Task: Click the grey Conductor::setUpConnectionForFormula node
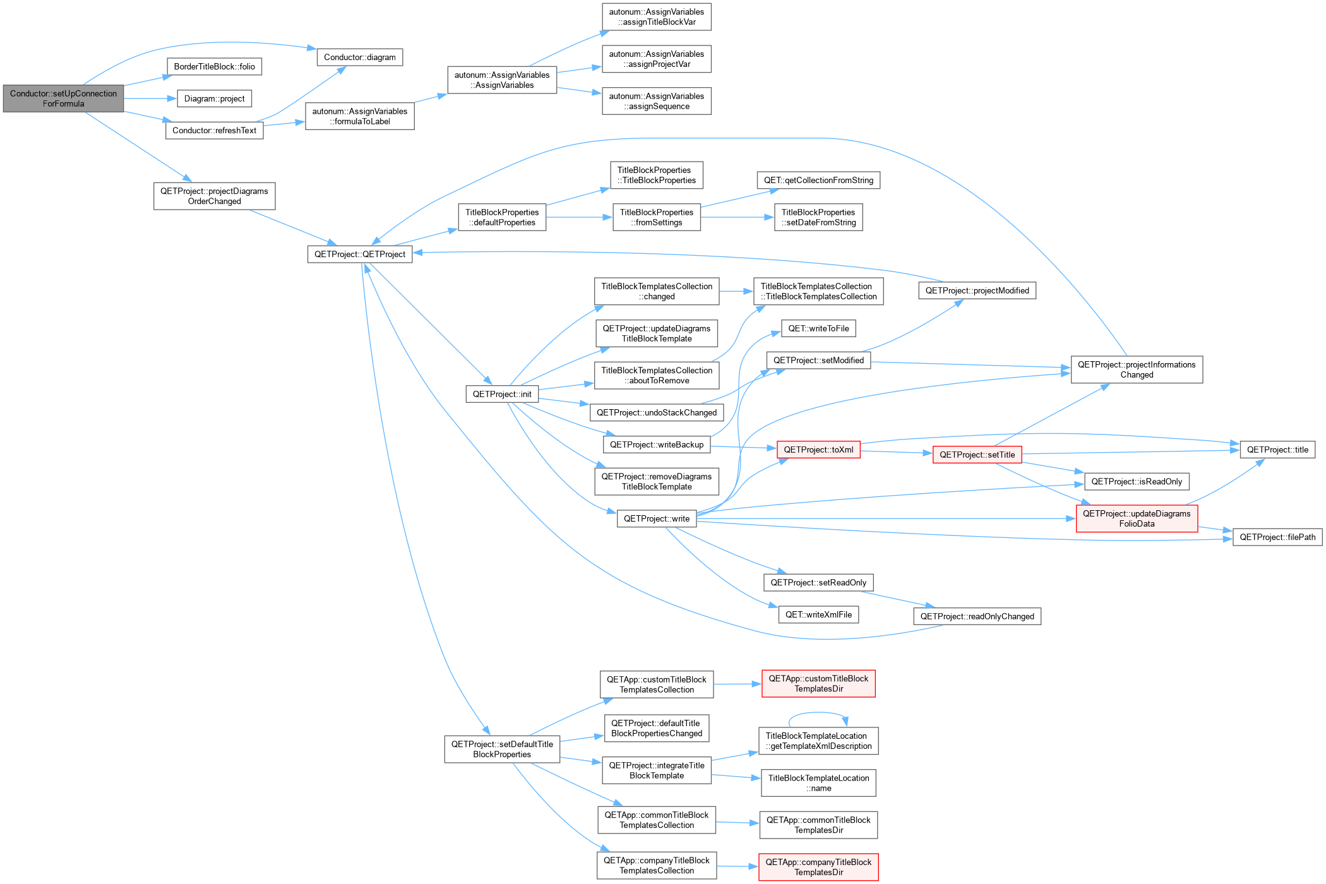click(63, 99)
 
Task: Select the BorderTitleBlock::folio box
click(215, 66)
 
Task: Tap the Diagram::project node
click(215, 99)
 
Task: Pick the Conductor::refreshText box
click(215, 131)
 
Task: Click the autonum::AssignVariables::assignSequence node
click(657, 101)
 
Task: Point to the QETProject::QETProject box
click(360, 254)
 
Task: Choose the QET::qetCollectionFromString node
click(818, 180)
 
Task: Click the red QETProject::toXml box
click(818, 450)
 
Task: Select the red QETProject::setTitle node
click(977, 455)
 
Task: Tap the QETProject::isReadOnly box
click(1137, 482)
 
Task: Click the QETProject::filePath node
click(1277, 537)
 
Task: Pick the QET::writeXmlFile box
click(818, 614)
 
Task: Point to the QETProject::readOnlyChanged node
click(977, 616)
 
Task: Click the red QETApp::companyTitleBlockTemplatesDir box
click(818, 867)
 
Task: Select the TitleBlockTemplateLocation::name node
click(818, 783)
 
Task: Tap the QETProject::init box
click(502, 394)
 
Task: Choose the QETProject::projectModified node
click(977, 290)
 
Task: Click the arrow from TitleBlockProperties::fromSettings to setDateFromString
click(738, 217)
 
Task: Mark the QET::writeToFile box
click(818, 328)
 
